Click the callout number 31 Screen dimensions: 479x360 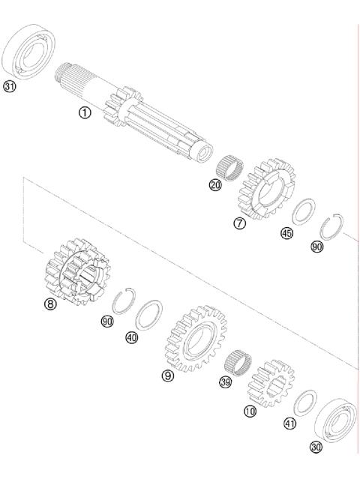(x=10, y=87)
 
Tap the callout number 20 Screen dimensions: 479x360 (x=215, y=185)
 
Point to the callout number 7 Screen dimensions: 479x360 (x=239, y=223)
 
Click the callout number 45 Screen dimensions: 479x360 (x=286, y=233)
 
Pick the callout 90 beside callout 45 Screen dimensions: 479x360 (x=317, y=247)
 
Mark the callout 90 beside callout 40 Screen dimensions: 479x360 (x=106, y=321)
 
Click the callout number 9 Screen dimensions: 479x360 (x=169, y=375)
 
